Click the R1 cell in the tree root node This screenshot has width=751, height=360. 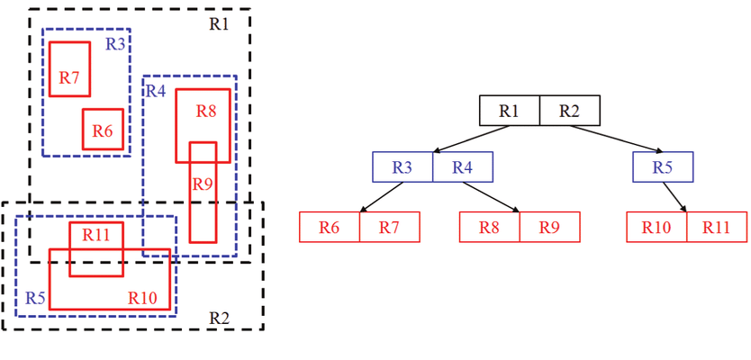[510, 111]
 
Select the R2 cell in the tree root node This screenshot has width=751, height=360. [569, 111]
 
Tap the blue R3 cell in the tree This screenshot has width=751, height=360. [403, 167]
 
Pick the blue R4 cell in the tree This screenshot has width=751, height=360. [463, 167]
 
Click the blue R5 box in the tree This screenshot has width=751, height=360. [663, 167]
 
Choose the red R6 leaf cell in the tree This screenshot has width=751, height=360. [330, 227]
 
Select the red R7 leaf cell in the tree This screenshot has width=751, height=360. [389, 227]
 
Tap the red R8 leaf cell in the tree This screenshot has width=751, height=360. [489, 227]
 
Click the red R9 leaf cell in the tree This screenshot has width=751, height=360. [549, 227]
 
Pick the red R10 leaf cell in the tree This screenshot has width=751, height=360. [656, 227]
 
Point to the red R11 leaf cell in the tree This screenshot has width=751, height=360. [717, 227]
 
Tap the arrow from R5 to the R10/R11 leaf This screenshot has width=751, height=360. [675, 197]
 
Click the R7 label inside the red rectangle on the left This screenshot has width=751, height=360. [69, 78]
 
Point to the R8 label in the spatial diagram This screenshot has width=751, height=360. [206, 112]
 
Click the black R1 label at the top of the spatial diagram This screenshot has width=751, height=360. [220, 24]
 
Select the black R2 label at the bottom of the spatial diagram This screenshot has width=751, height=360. [220, 318]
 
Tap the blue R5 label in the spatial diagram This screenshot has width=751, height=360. [35, 298]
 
